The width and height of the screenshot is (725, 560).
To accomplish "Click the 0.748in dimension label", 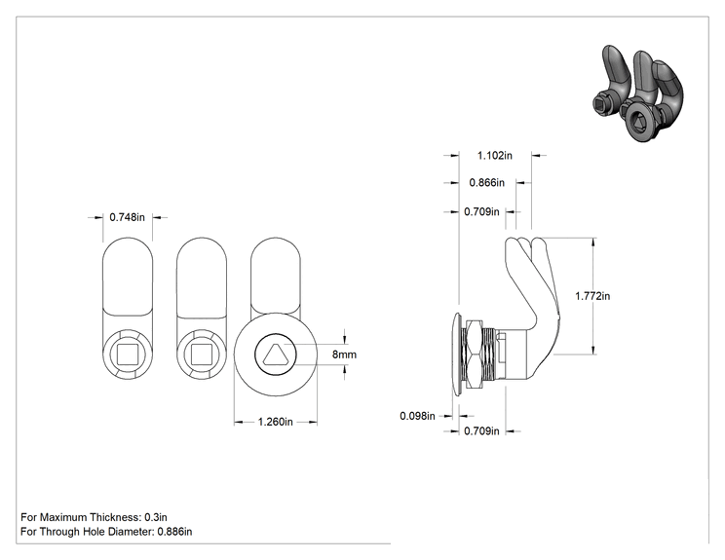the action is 127,217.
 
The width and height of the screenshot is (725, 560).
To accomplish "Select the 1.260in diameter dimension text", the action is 275,422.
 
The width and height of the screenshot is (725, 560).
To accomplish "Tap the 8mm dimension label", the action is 344,355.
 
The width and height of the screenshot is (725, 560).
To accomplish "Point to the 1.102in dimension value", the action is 495,155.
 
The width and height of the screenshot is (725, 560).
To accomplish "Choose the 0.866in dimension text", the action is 487,183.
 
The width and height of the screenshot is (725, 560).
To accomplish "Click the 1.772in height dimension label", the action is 592,296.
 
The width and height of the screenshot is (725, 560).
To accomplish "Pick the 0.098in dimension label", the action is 417,416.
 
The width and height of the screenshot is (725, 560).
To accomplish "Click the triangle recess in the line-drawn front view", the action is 275,355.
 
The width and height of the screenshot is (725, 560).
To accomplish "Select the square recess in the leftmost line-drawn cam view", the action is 127,355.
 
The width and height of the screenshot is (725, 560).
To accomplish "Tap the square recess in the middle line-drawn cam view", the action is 202,355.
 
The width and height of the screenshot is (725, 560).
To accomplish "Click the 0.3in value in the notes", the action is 156,517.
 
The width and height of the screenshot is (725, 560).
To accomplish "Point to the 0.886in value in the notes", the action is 174,532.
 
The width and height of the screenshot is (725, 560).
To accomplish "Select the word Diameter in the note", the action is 131,532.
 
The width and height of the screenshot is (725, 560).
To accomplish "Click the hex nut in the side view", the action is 474,354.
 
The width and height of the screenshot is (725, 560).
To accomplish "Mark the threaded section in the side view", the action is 489,354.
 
